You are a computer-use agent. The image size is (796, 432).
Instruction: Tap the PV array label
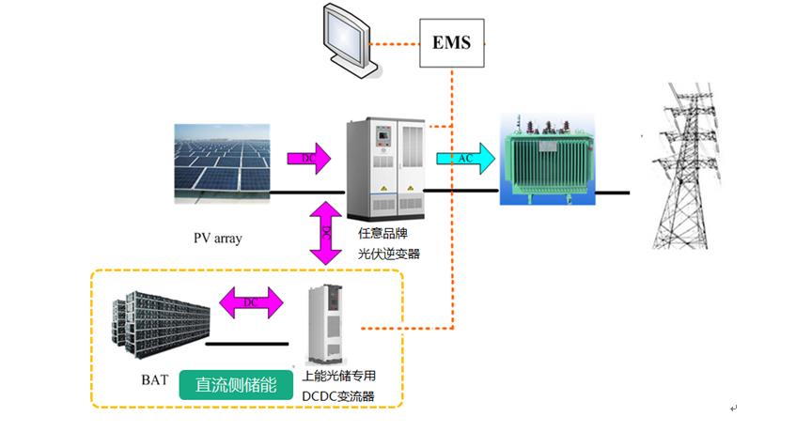click(217, 239)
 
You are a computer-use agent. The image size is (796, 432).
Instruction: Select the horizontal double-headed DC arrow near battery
click(250, 302)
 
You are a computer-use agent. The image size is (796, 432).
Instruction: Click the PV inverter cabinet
click(385, 167)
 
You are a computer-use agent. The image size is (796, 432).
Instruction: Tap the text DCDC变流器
click(338, 396)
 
